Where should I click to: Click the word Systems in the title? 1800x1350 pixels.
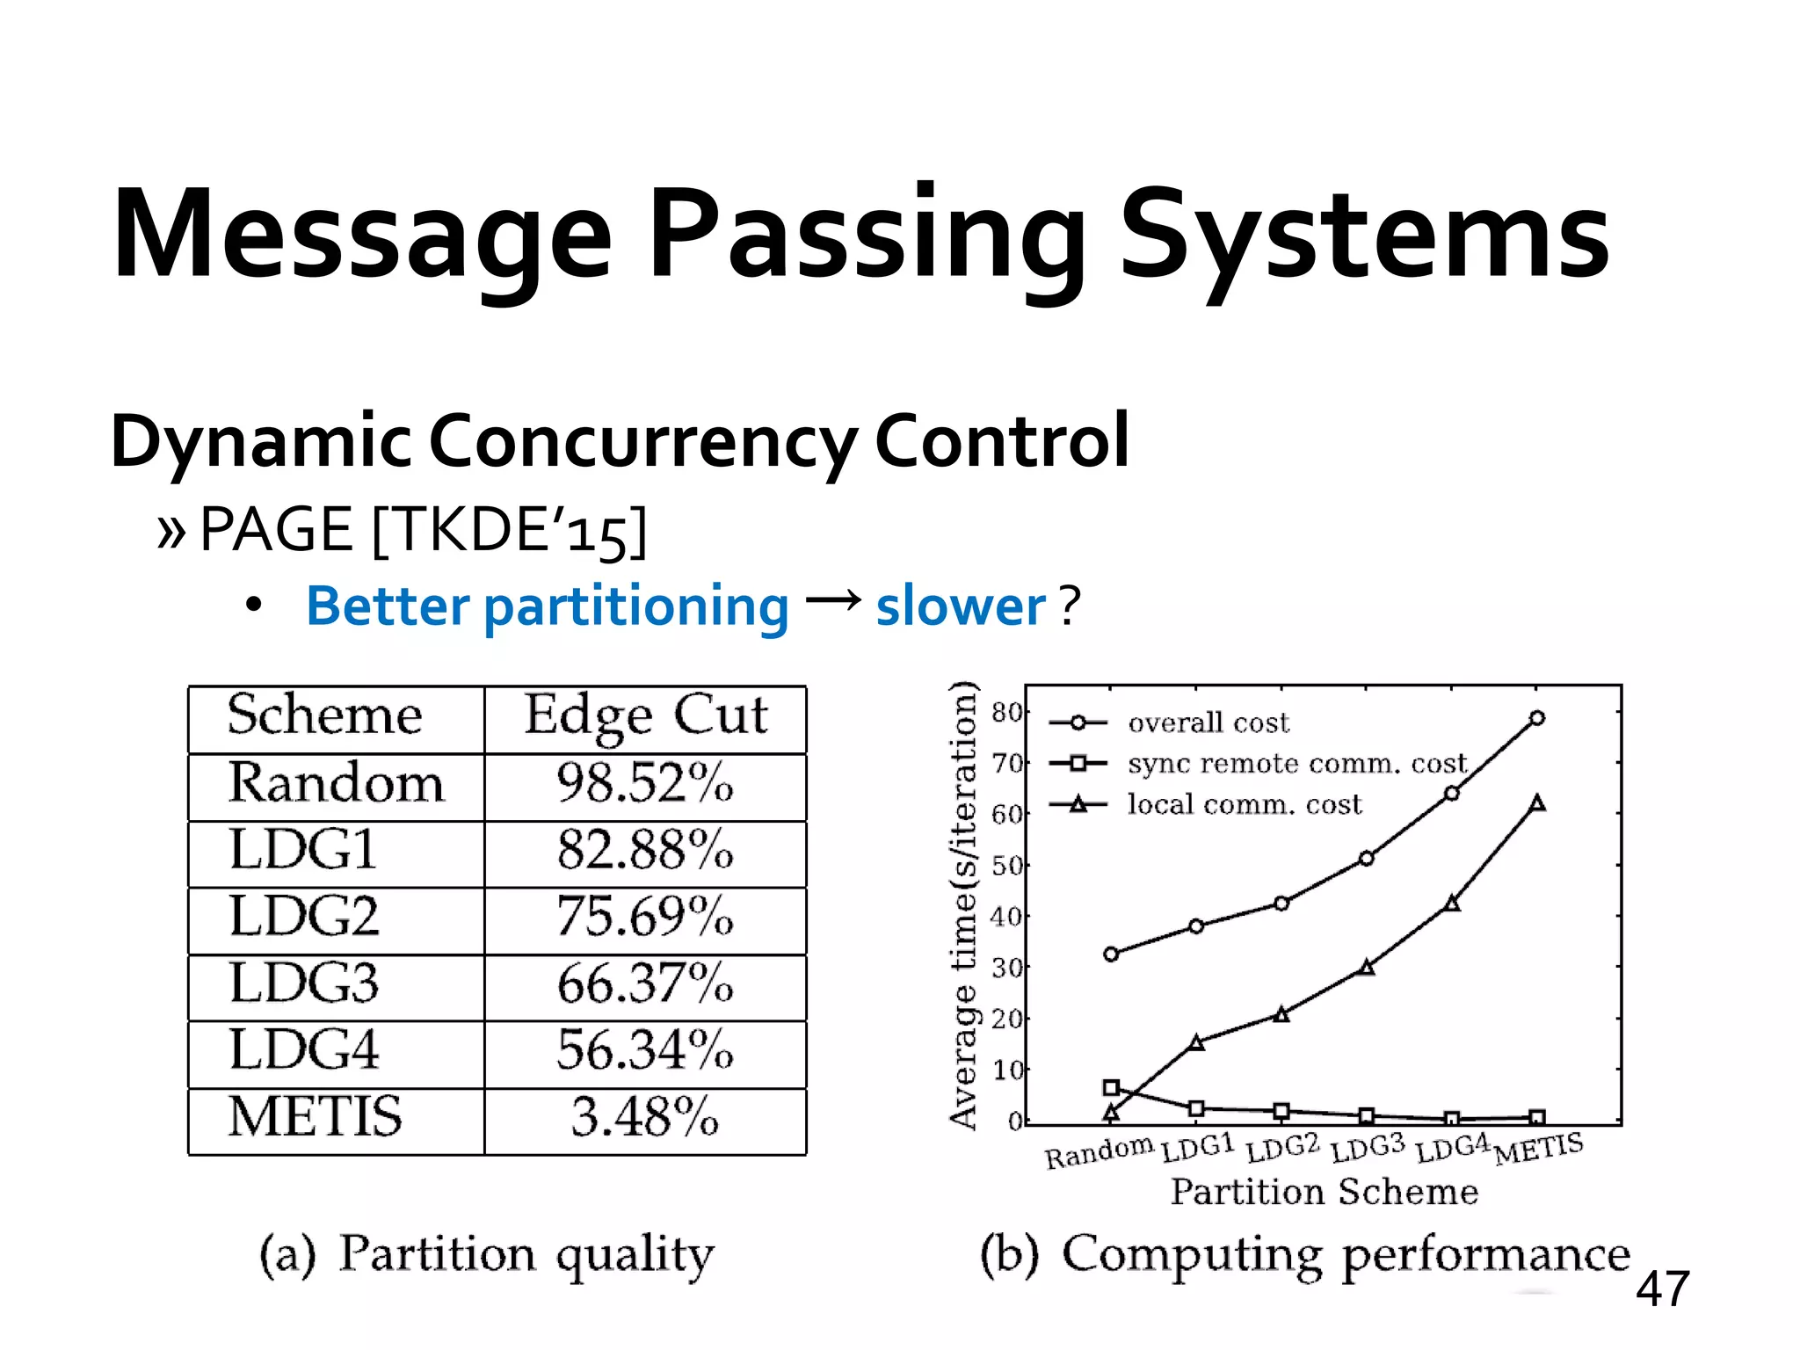coord(1364,236)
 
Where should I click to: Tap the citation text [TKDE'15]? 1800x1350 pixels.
coord(510,531)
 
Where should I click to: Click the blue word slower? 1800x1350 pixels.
coord(961,606)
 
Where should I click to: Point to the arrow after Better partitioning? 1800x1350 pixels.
coord(833,600)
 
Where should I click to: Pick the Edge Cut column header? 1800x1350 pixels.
coord(646,715)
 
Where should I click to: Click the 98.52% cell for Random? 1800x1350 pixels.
coord(644,782)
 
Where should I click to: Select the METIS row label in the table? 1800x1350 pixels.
coord(315,1117)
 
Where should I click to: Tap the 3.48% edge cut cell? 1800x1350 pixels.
coord(644,1117)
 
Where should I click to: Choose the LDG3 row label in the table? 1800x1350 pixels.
coord(304,983)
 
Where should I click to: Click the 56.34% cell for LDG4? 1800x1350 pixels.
coord(644,1050)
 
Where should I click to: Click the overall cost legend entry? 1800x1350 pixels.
coord(1208,723)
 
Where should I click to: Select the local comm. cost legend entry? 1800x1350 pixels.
coord(1244,804)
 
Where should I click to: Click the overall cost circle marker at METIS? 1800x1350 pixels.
coord(1537,718)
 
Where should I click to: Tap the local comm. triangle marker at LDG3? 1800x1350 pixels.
coord(1367,967)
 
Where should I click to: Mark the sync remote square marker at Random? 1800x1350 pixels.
coord(1111,1088)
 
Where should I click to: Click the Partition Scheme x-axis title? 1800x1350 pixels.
coord(1325,1192)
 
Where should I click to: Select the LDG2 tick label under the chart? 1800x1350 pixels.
coord(1282,1148)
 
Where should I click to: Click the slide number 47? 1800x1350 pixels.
coord(1662,1289)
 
